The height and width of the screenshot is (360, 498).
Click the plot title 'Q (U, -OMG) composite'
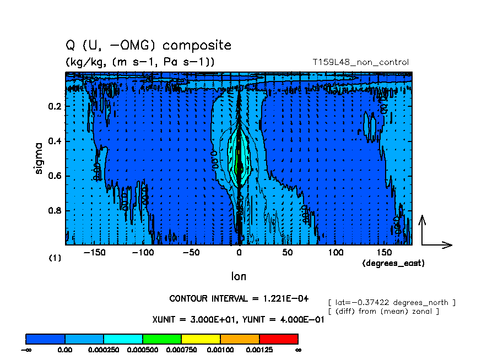tap(148, 45)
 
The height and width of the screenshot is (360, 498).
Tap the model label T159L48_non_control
tap(360, 62)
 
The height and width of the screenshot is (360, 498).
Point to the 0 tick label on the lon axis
tap(239, 252)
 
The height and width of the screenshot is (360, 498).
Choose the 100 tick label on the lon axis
tap(335, 252)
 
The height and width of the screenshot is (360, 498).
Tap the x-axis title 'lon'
tap(239, 276)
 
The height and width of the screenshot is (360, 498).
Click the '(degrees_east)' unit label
tap(393, 264)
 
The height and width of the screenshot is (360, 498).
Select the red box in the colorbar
tap(278, 339)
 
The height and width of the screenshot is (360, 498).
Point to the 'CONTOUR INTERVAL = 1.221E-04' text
tap(239, 299)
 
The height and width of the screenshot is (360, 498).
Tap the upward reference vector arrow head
tap(423, 219)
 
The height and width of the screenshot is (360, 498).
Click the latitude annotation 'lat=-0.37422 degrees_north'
tap(392, 302)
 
